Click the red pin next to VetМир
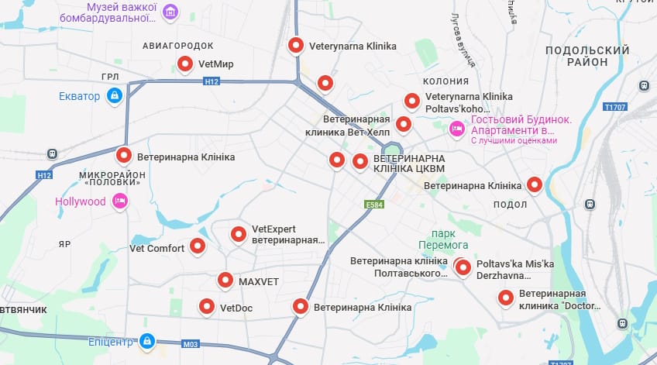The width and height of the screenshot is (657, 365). click(x=185, y=64)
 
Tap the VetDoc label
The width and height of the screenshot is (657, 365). click(x=236, y=308)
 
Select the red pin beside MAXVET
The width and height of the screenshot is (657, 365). click(x=225, y=280)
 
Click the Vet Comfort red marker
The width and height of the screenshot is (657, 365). click(x=198, y=246)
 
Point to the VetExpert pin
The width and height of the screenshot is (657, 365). click(x=239, y=233)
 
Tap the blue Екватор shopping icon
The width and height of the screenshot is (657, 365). click(x=115, y=96)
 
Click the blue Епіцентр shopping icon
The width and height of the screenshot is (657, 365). click(x=146, y=340)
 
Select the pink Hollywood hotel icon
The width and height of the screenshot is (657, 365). click(x=120, y=201)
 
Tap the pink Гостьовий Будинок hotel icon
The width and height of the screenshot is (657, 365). click(x=457, y=126)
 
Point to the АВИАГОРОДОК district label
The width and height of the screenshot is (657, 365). click(x=178, y=46)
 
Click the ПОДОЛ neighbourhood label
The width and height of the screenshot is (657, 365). click(x=510, y=204)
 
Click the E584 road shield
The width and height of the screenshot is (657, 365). click(x=374, y=205)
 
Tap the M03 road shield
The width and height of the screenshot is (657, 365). click(x=191, y=343)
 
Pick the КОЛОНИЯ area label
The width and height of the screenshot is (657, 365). click(x=445, y=81)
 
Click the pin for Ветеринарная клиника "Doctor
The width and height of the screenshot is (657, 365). click(x=506, y=298)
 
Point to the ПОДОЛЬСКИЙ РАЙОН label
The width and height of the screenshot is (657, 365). click(x=587, y=56)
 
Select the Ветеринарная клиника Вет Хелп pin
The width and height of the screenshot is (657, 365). click(x=403, y=124)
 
